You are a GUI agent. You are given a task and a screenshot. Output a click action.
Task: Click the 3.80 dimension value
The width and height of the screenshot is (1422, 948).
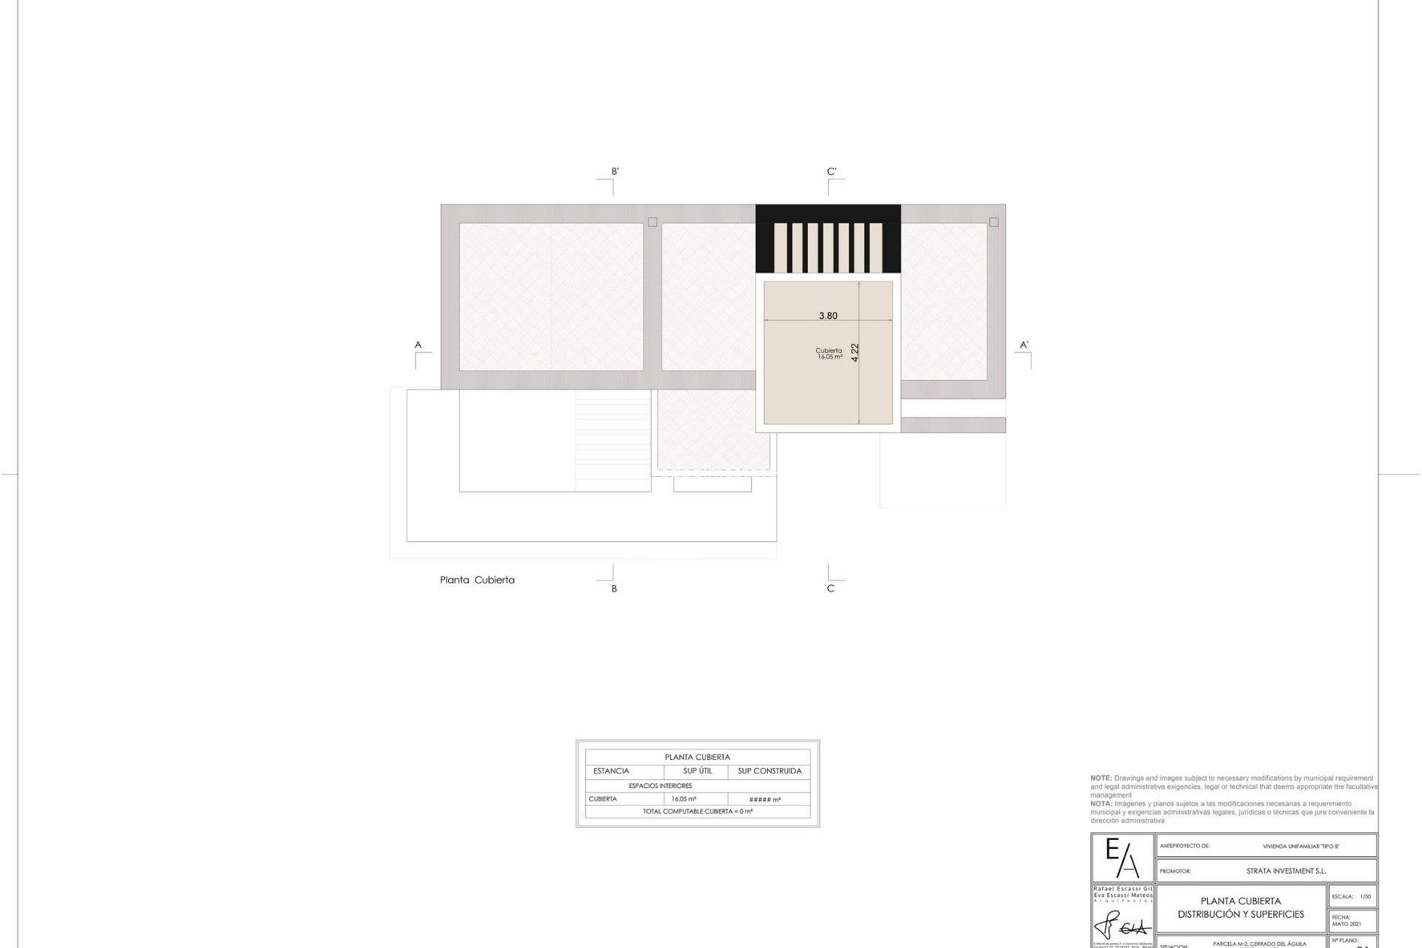tap(828, 316)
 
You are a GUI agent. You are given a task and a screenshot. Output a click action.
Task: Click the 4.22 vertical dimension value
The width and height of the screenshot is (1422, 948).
tap(855, 352)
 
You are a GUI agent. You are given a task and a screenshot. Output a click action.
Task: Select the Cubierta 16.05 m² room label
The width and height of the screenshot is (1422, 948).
tap(829, 354)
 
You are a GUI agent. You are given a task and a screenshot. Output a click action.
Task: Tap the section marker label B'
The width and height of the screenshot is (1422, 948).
tap(615, 172)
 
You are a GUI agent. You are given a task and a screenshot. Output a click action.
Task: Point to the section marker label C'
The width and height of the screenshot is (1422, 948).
tap(832, 172)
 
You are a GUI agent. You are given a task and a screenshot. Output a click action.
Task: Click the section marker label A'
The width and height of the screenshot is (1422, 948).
tap(1024, 345)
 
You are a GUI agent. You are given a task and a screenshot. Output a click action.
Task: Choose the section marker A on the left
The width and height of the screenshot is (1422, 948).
tap(418, 345)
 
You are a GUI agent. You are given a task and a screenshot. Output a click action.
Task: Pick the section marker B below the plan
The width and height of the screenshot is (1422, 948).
tap(614, 589)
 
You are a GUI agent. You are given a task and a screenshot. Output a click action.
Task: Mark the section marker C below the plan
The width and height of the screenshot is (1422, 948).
tap(830, 589)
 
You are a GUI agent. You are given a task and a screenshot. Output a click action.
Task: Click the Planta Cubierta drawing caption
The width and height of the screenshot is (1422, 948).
tap(477, 580)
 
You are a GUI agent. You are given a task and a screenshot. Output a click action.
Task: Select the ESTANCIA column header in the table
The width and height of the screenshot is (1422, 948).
tap(611, 771)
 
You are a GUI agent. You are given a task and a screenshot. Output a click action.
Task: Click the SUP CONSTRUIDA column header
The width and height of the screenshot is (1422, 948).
tap(770, 771)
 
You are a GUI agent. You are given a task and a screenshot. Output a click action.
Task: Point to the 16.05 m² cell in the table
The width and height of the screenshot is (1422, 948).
tap(684, 799)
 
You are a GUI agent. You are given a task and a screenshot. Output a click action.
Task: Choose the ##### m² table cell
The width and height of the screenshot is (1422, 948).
tap(765, 800)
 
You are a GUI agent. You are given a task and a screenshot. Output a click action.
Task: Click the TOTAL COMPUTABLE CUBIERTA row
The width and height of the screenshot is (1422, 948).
tap(698, 812)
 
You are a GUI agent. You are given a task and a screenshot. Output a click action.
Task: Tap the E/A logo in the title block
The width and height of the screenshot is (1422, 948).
tap(1122, 858)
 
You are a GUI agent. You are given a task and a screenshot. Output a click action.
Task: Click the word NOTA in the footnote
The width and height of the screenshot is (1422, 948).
tap(1101, 804)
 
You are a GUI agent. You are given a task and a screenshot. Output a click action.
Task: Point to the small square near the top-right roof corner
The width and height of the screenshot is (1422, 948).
tap(994, 222)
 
